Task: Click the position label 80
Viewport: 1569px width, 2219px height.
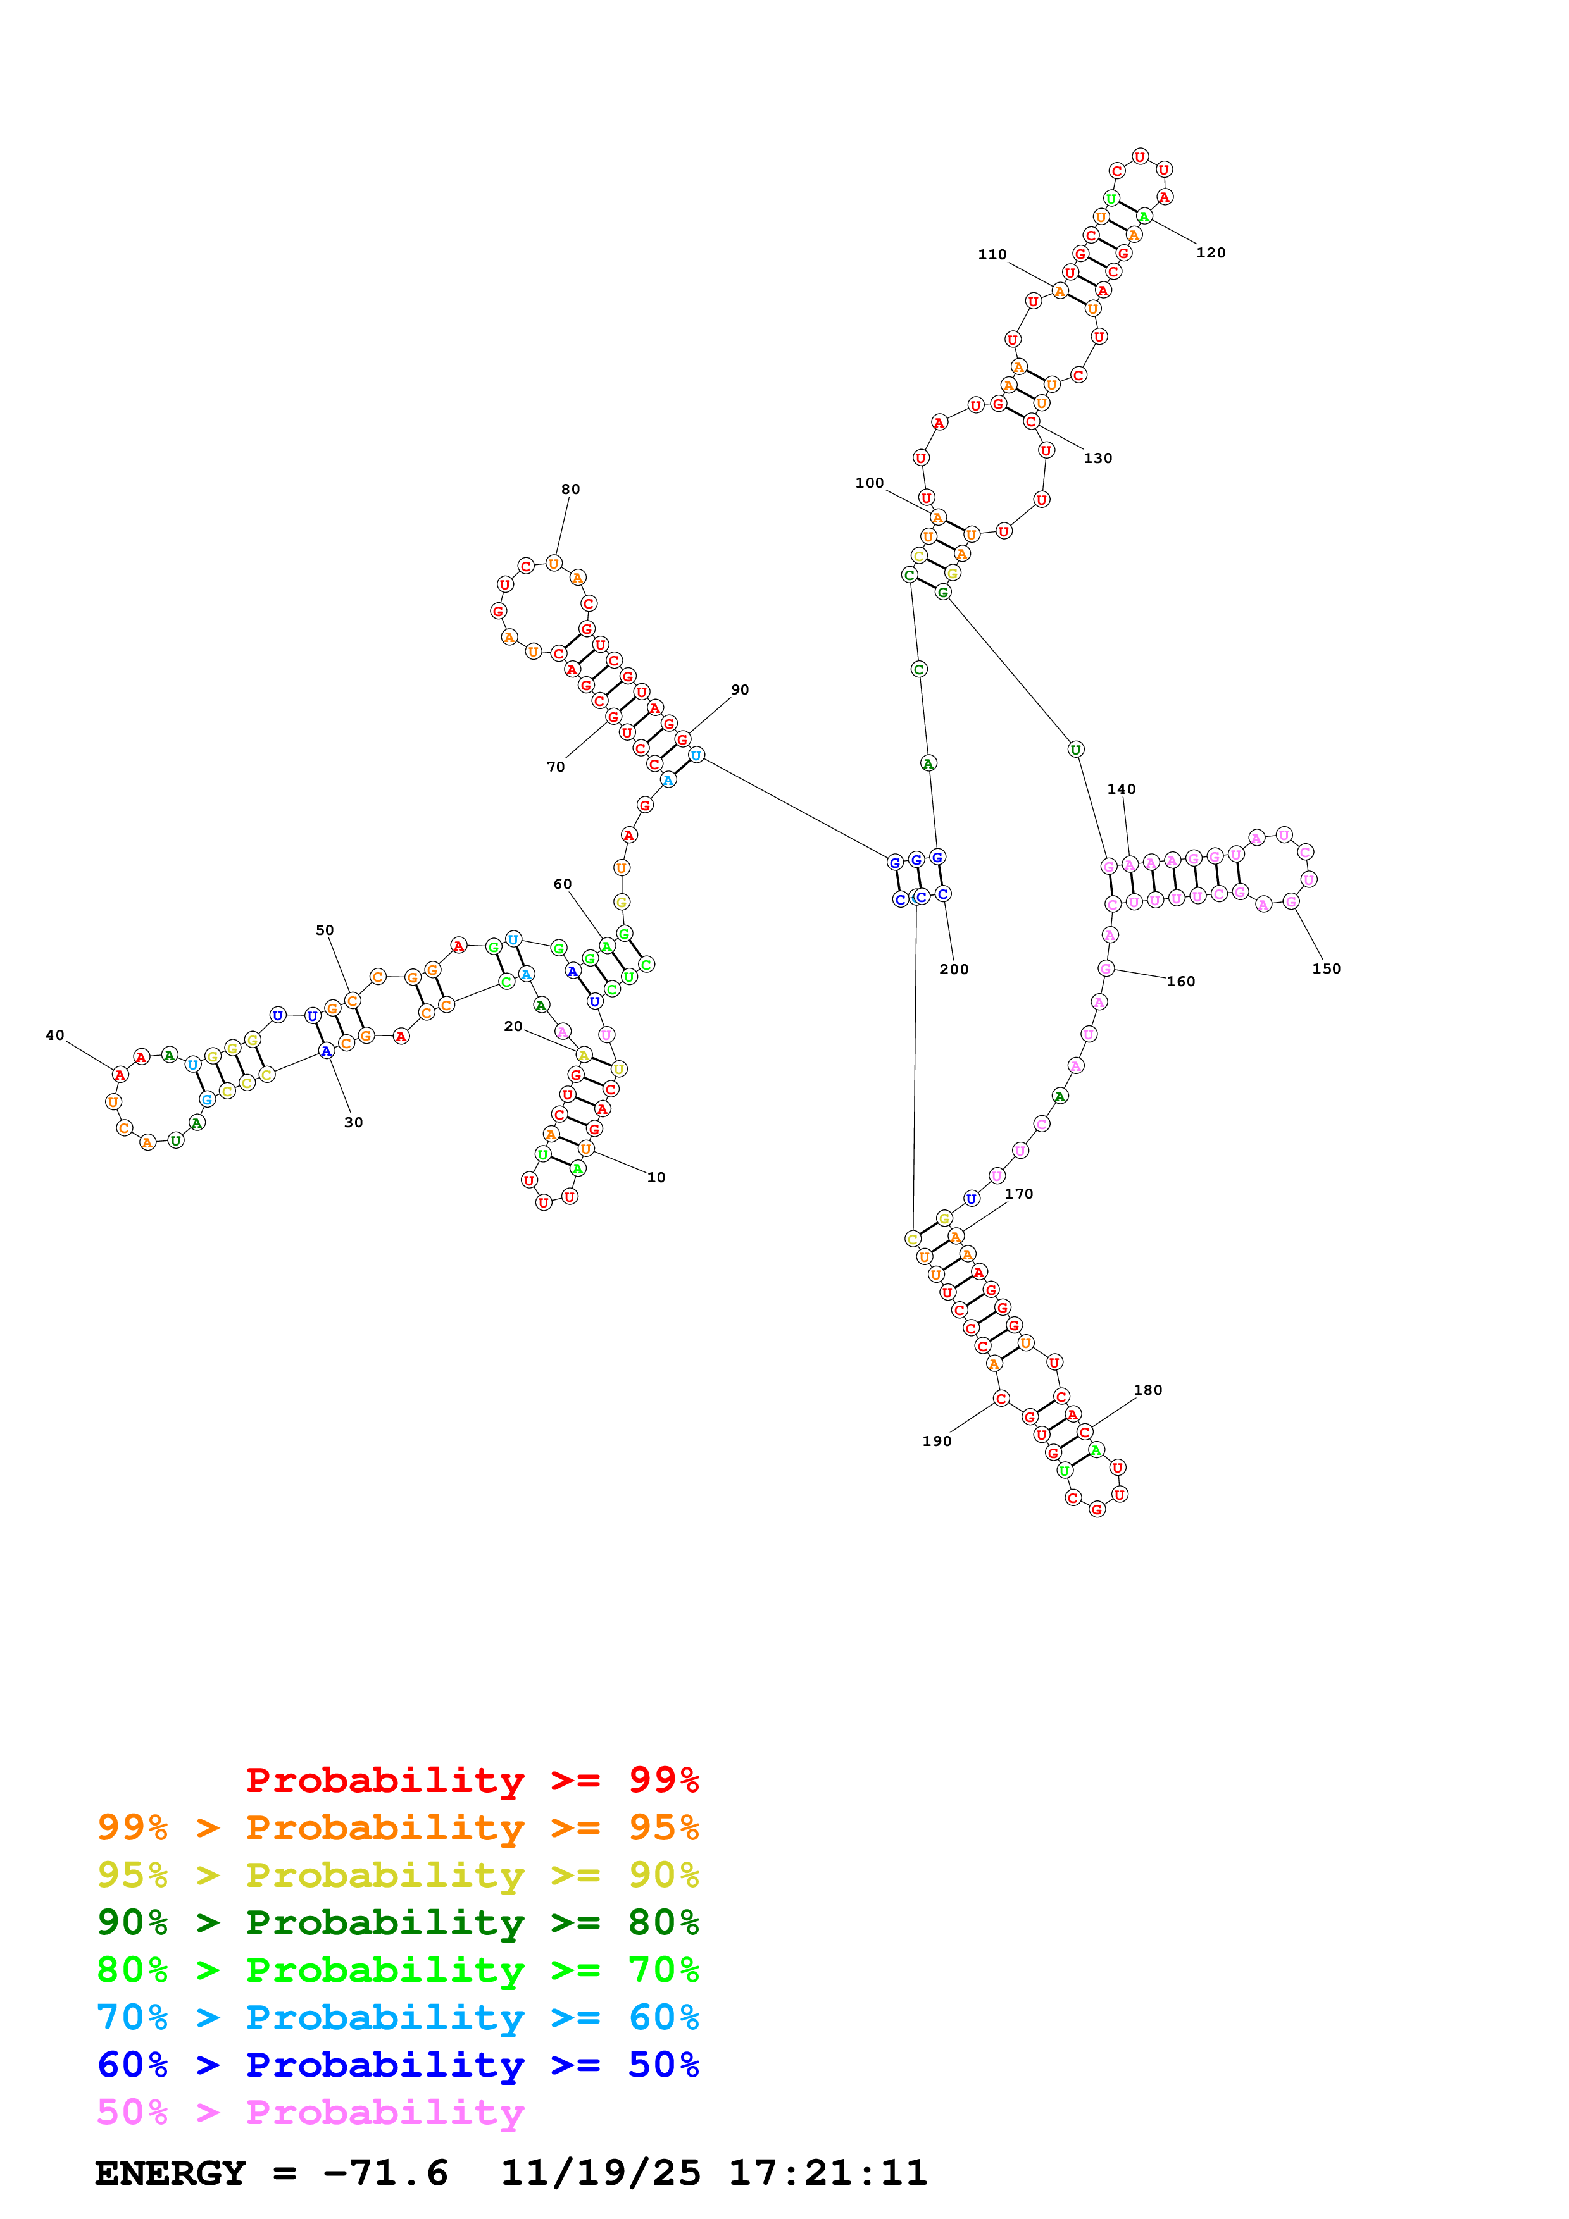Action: (x=570, y=489)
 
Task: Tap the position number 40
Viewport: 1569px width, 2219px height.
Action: (x=55, y=1035)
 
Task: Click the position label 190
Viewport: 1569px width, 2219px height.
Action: (x=936, y=1441)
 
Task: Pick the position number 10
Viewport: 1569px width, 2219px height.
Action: (x=656, y=1177)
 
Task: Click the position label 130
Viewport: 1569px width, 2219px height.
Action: (x=1097, y=458)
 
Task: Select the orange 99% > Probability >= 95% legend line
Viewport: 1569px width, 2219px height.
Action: (x=397, y=1827)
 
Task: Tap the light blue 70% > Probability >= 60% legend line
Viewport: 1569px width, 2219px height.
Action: (x=397, y=2017)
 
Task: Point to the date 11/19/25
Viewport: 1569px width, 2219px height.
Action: (x=599, y=2173)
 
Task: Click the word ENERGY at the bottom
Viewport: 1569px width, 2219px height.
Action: (x=170, y=2173)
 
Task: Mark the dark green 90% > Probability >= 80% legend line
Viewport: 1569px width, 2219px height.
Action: (x=397, y=1922)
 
